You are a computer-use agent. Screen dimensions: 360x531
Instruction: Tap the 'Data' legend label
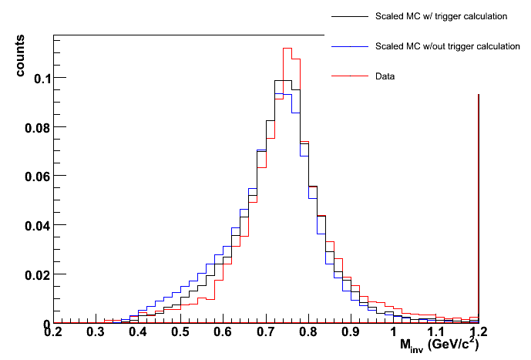coord(385,76)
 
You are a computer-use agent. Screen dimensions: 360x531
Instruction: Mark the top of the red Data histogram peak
coord(287,48)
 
